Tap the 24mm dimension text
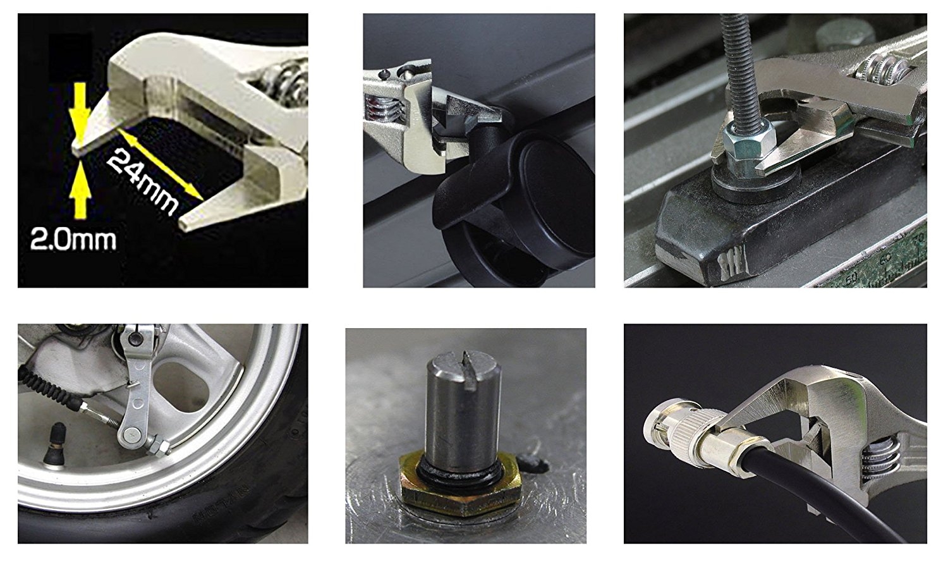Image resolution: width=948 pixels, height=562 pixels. click(x=142, y=183)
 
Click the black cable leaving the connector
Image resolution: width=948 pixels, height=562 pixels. click(x=825, y=501)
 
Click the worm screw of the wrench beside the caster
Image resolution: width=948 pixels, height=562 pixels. click(x=384, y=111)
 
